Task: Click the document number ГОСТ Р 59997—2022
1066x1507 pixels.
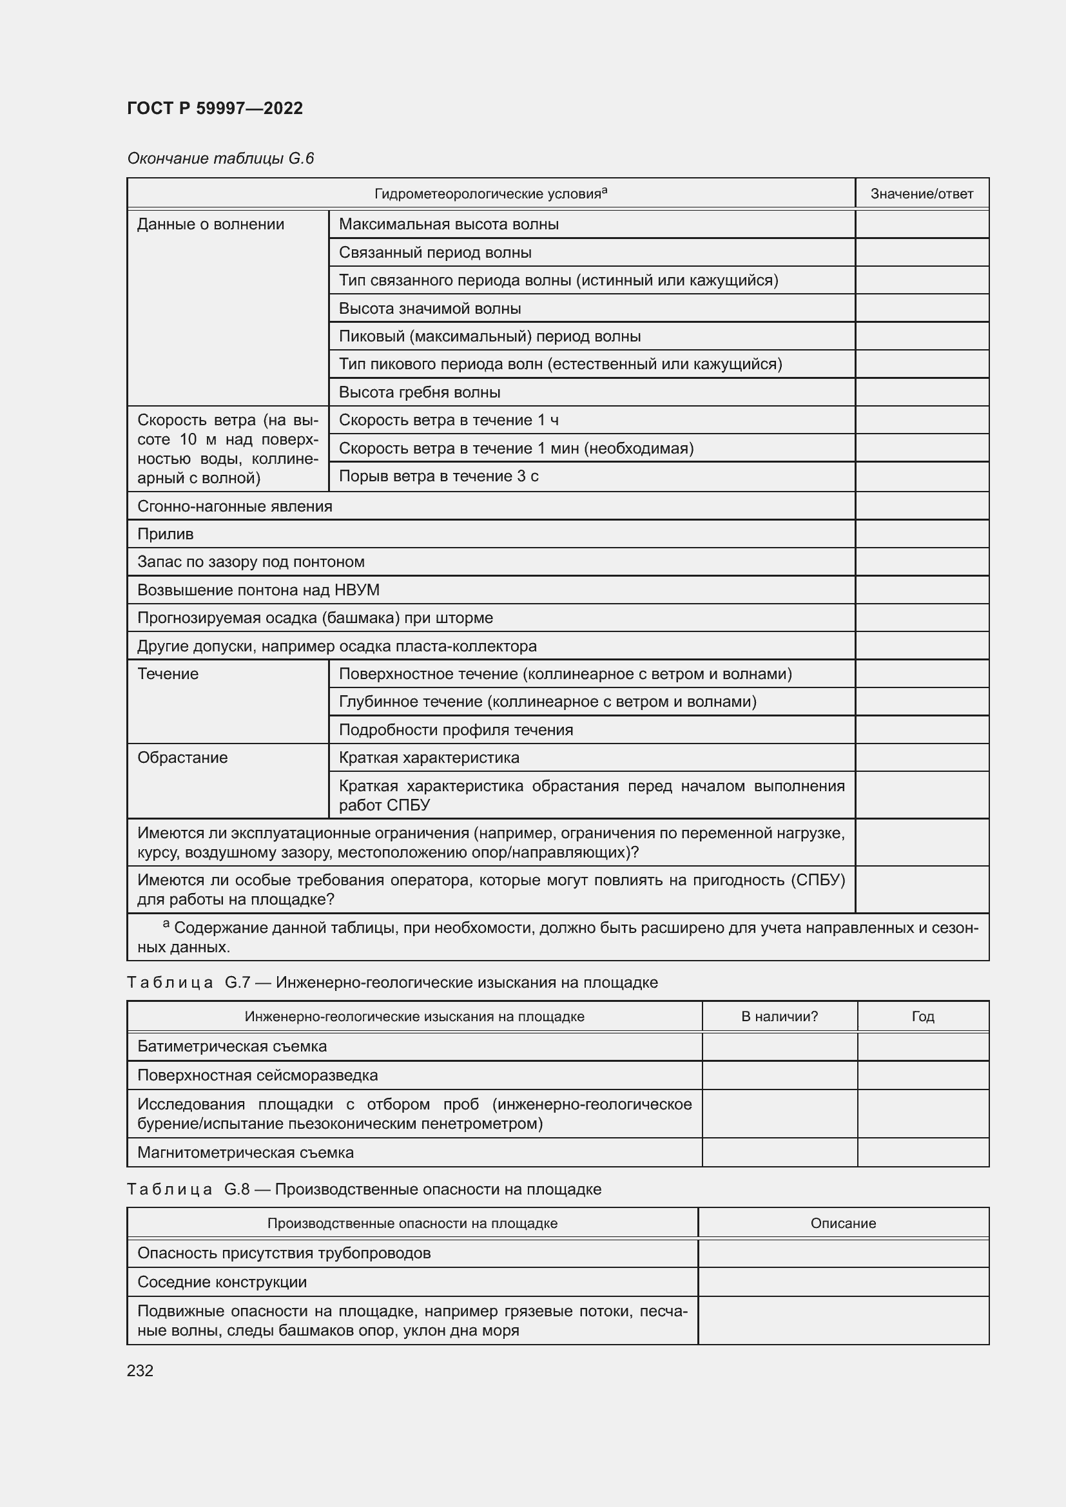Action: pyautogui.click(x=215, y=108)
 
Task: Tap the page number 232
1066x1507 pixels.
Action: pyautogui.click(x=140, y=1370)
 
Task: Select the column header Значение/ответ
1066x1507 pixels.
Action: pyautogui.click(x=922, y=194)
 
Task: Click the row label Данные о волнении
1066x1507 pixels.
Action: pyautogui.click(x=211, y=224)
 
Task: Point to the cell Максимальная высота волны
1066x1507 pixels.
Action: pyautogui.click(x=449, y=224)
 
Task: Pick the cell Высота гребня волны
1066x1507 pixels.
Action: pyautogui.click(x=420, y=392)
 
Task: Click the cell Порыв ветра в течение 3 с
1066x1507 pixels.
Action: pyautogui.click(x=438, y=477)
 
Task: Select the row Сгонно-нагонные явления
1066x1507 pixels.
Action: pyautogui.click(x=235, y=506)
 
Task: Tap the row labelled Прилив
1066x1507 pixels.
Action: pyautogui.click(x=166, y=534)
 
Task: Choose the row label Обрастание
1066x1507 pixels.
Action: pyautogui.click(x=182, y=758)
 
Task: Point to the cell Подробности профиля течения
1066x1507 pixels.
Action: pyautogui.click(x=456, y=730)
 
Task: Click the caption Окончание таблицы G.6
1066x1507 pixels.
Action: pyautogui.click(x=220, y=158)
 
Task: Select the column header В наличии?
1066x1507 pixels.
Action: pyautogui.click(x=779, y=1017)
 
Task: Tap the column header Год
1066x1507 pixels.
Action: pyautogui.click(x=922, y=1017)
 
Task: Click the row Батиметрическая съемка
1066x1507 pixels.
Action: pyautogui.click(x=233, y=1046)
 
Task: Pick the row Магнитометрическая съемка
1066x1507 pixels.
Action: pyautogui.click(x=246, y=1153)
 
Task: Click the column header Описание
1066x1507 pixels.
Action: pyautogui.click(x=843, y=1224)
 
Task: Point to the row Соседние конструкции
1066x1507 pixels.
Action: pyautogui.click(x=222, y=1282)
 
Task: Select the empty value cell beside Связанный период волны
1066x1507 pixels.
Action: pyautogui.click(x=922, y=253)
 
